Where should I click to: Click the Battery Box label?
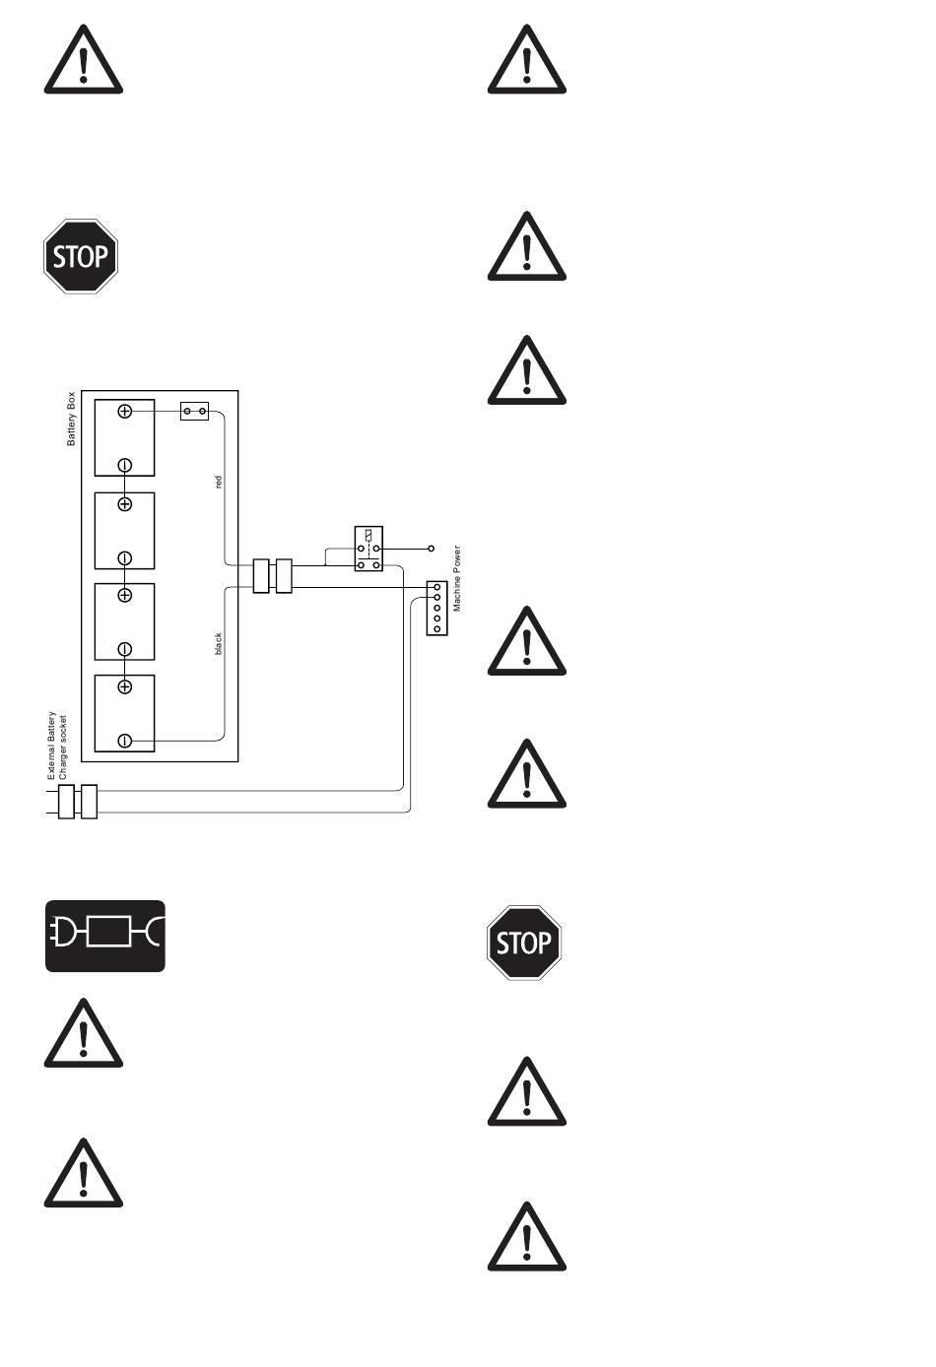tap(71, 420)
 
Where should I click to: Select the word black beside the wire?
tap(219, 643)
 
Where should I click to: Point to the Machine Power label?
tap(457, 579)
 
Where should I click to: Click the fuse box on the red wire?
tap(194, 411)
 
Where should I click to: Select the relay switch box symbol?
tap(368, 550)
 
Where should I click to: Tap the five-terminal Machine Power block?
tap(436, 608)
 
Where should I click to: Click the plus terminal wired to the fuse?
tap(125, 411)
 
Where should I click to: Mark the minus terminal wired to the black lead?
tap(125, 740)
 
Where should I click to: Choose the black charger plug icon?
tap(105, 936)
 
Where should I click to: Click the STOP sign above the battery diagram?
tap(81, 256)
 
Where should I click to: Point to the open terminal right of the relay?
tap(431, 547)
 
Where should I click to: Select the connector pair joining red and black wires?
tap(273, 576)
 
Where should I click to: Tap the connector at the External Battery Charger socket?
tap(77, 802)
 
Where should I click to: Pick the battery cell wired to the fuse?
tap(125, 437)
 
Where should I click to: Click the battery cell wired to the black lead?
tap(125, 713)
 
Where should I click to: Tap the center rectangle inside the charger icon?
tap(108, 931)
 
